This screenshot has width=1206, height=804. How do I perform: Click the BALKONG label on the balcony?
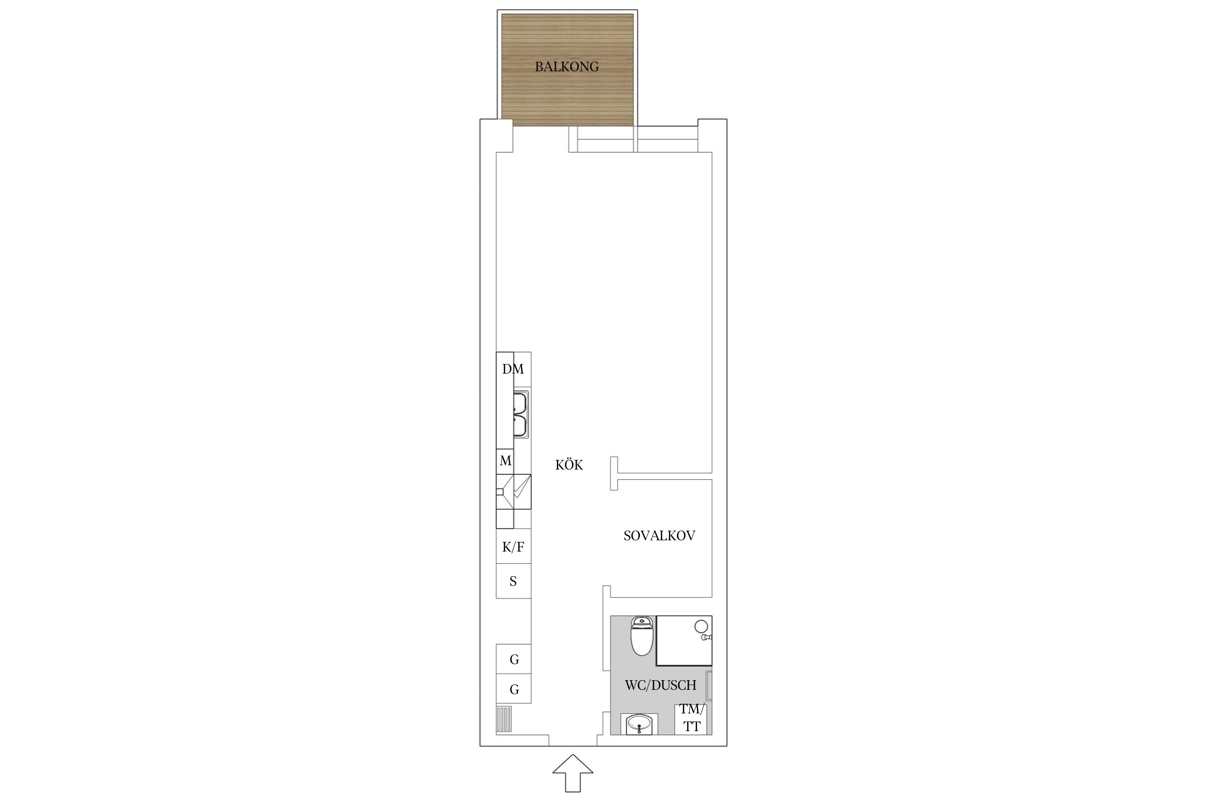[567, 67]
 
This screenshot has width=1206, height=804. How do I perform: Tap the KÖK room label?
[569, 465]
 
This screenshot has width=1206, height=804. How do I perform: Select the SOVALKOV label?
[659, 535]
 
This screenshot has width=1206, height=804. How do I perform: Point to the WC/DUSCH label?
[660, 685]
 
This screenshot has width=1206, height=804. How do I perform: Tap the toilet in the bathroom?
[642, 636]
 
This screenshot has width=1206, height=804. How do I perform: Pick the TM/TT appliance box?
[691, 718]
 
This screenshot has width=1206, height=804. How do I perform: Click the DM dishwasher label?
[513, 369]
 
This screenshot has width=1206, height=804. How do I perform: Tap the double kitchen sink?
[520, 414]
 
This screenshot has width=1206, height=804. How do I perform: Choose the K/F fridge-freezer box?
[513, 546]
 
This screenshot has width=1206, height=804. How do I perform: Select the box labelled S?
[513, 581]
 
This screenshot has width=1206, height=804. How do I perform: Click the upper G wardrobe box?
[513, 659]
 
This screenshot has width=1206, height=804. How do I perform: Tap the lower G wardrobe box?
[513, 689]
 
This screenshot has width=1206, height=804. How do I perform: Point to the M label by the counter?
[505, 461]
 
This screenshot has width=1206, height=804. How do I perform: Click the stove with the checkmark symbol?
[513, 492]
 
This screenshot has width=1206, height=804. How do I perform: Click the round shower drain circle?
[701, 626]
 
